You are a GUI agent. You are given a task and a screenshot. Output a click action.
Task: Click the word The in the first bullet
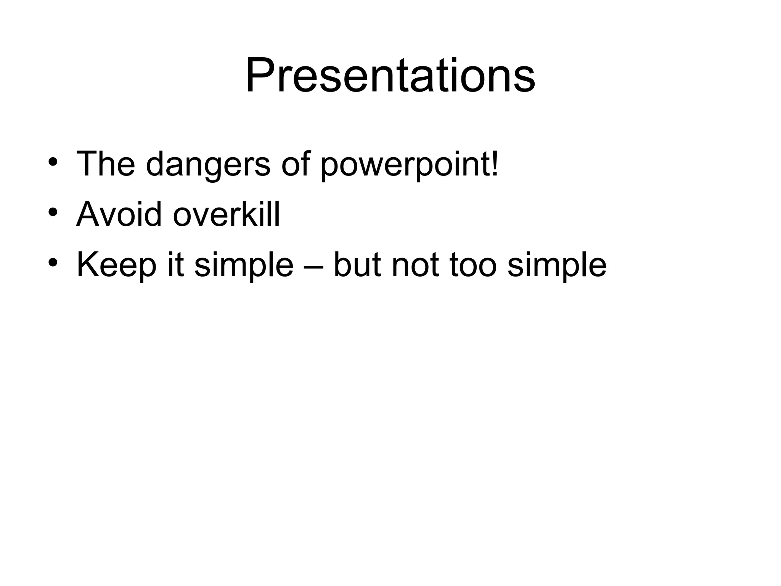[x=106, y=164]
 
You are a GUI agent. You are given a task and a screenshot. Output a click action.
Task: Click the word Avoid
[x=119, y=214]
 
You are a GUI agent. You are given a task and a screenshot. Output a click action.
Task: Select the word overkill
[x=226, y=214]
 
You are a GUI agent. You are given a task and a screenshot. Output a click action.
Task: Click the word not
[x=415, y=265]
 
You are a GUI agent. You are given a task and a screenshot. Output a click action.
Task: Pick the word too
[x=473, y=265]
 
